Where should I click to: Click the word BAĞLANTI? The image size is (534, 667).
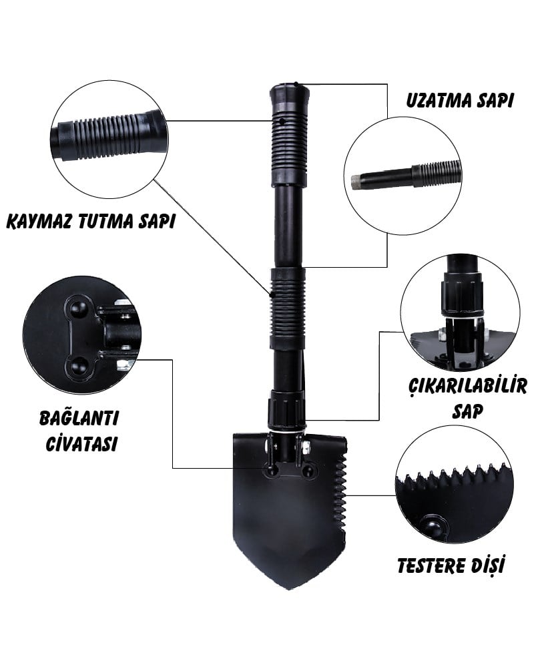(x=79, y=417)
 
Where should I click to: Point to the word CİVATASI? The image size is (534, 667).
(x=81, y=443)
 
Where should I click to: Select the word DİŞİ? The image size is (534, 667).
(x=489, y=566)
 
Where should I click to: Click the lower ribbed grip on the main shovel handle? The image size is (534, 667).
(x=288, y=308)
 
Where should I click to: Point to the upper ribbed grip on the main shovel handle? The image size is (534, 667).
(x=289, y=149)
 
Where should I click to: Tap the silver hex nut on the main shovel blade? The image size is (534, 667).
(x=306, y=446)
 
